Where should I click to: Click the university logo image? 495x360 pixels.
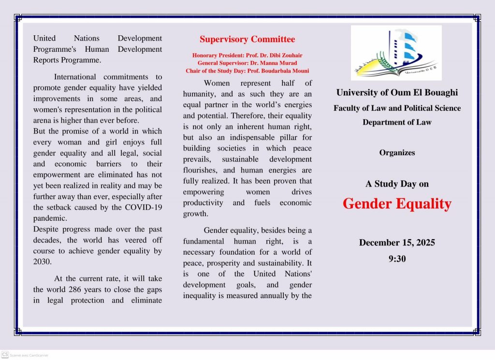(x=396, y=53)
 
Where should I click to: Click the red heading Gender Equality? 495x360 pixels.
(x=397, y=204)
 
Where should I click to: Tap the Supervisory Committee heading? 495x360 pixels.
(x=247, y=39)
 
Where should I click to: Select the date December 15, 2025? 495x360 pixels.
(x=397, y=243)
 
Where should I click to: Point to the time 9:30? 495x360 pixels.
(x=397, y=259)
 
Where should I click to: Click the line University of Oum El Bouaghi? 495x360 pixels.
(x=397, y=92)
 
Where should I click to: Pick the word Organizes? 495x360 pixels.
(x=397, y=153)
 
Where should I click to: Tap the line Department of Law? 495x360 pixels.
(x=397, y=122)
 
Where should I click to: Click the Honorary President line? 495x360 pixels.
(x=247, y=56)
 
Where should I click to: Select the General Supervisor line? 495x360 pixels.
(x=247, y=63)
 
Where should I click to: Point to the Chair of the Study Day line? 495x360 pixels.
(x=247, y=71)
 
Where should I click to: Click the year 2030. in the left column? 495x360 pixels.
(x=42, y=261)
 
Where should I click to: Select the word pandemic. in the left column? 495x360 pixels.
(x=50, y=218)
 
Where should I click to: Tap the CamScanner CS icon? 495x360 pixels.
(x=5, y=355)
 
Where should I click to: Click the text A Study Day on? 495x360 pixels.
(x=397, y=184)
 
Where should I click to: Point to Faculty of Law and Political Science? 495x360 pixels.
(x=397, y=108)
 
